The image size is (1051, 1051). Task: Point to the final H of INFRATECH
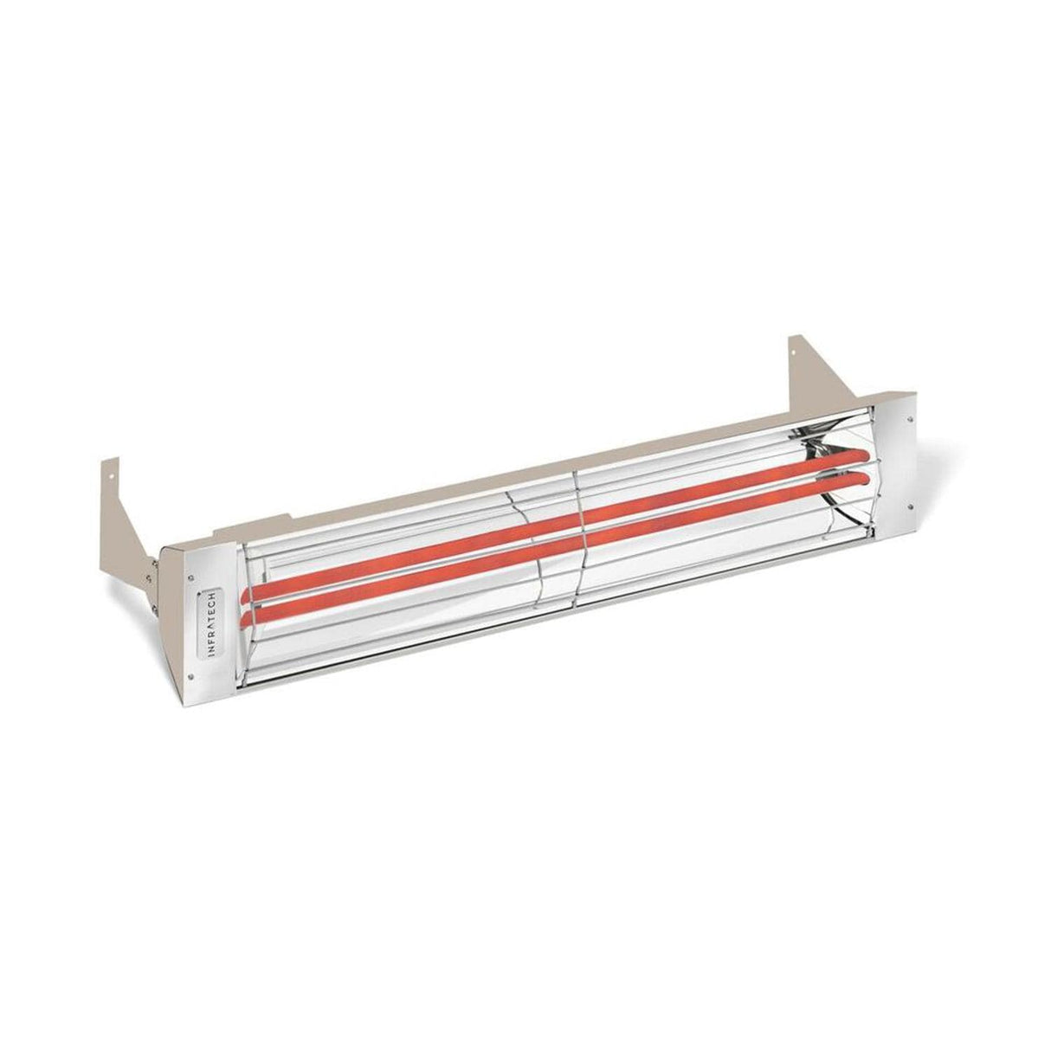click(213, 596)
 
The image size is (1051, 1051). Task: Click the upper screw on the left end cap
click(190, 571)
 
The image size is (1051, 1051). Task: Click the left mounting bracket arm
click(130, 511)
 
